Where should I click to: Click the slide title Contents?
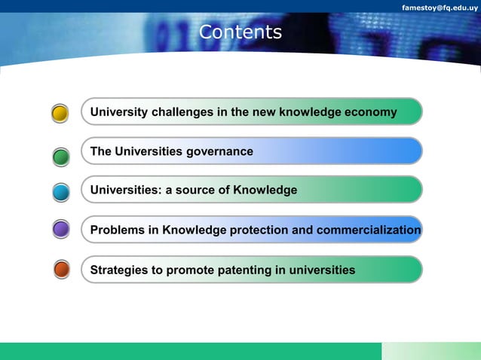pos(240,32)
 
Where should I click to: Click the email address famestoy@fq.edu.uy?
pos(440,7)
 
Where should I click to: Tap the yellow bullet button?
pos(61,114)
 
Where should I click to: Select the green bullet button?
pos(61,156)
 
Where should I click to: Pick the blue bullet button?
pos(61,192)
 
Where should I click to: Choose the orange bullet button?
pos(61,269)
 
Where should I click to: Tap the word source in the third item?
pos(196,191)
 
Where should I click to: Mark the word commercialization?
pos(369,230)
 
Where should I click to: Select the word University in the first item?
pos(119,112)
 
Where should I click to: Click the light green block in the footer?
pos(430,351)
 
